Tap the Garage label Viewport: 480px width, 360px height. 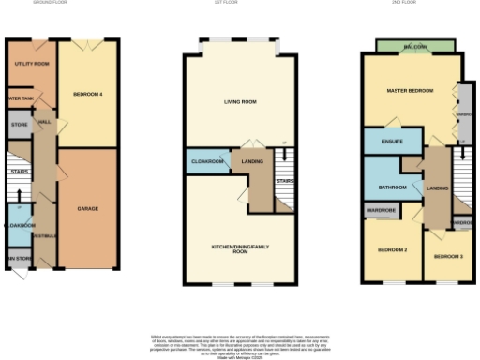[x=88, y=208]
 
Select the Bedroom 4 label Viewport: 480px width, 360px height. [x=87, y=93]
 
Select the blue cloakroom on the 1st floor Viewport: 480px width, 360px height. [x=207, y=162]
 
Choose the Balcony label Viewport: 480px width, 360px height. [x=415, y=46]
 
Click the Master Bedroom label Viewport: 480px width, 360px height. [x=410, y=90]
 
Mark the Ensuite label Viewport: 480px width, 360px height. [x=393, y=142]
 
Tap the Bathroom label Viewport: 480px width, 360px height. [x=392, y=187]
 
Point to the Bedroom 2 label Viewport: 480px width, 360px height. [x=392, y=250]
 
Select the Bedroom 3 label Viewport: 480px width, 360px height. [x=447, y=255]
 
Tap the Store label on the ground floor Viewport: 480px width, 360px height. [x=19, y=124]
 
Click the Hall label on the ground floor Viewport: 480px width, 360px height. [x=44, y=120]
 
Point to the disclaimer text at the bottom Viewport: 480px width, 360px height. [x=240, y=338]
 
